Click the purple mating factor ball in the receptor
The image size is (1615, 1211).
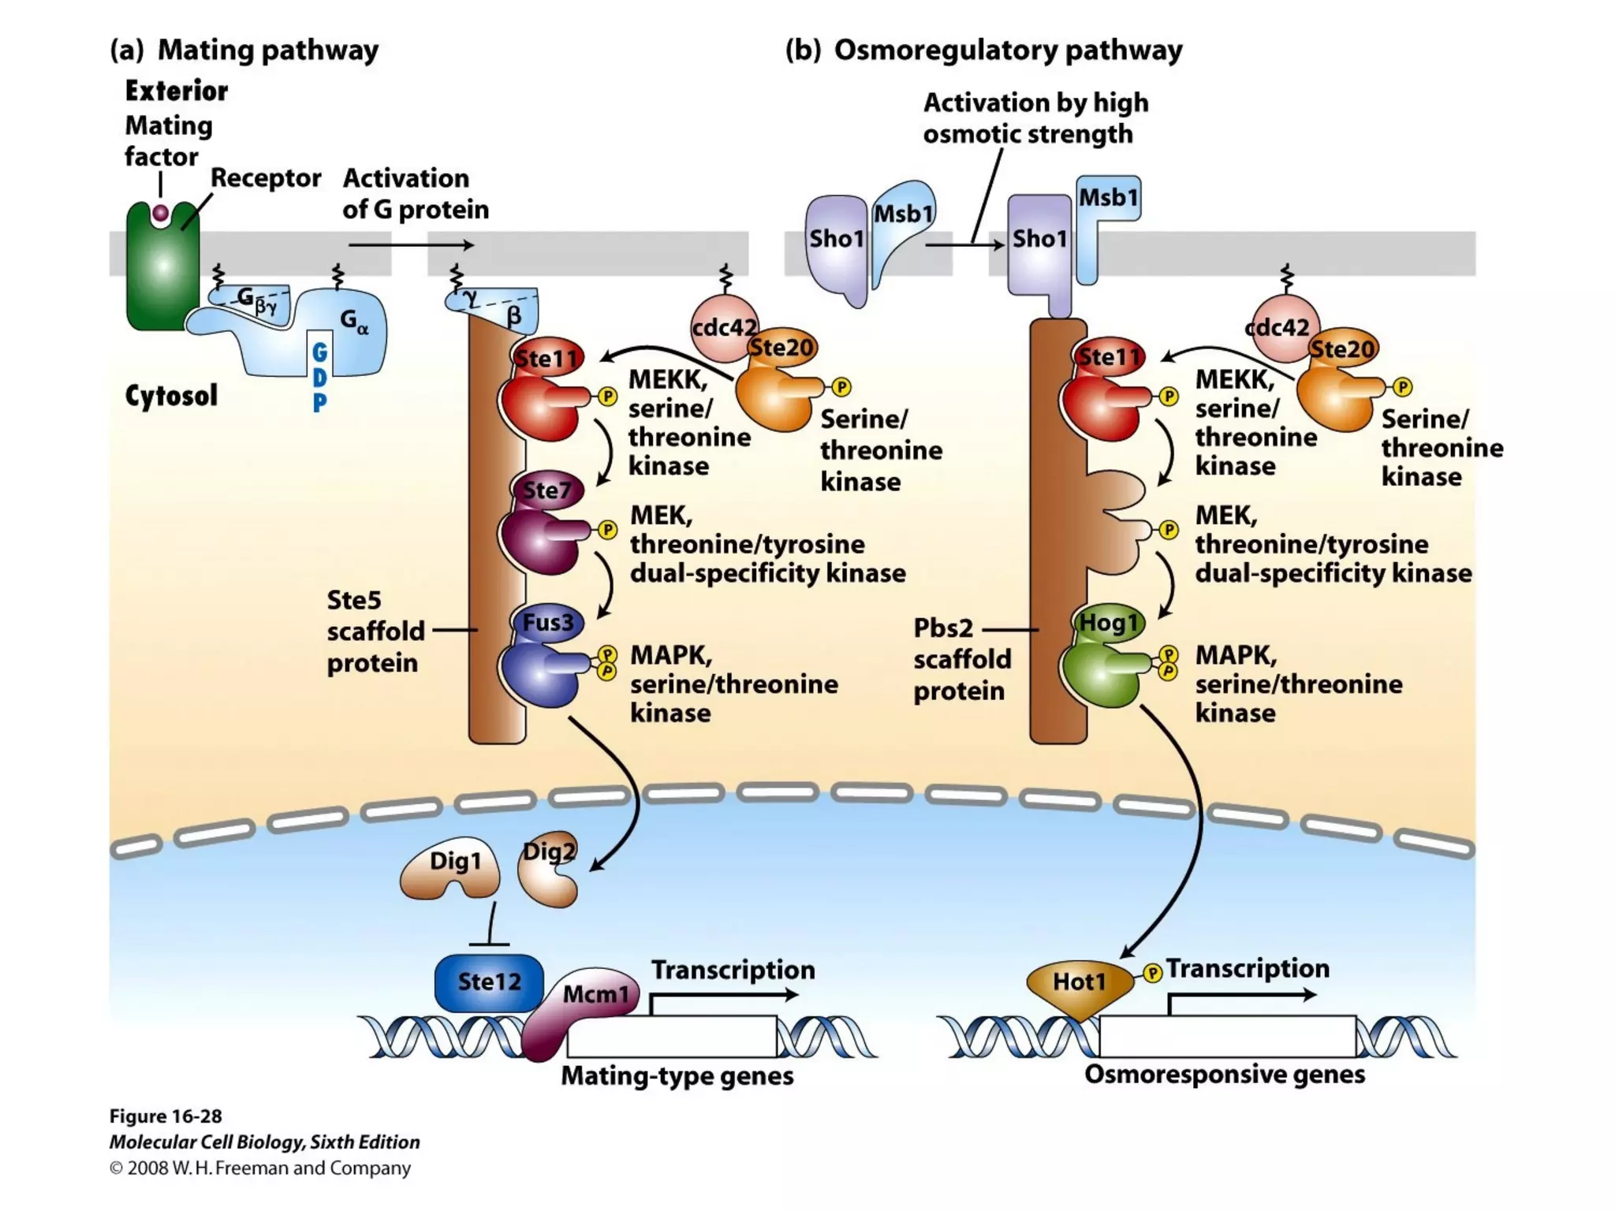(x=161, y=213)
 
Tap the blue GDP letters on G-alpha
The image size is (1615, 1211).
(x=319, y=378)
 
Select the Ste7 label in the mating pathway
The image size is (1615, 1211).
(x=546, y=490)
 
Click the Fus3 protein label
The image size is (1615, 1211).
(x=547, y=623)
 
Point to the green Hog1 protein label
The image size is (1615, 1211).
(x=1109, y=623)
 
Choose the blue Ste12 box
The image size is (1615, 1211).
(x=489, y=982)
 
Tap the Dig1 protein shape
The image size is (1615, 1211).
(x=453, y=868)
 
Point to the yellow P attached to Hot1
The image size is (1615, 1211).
(x=1153, y=974)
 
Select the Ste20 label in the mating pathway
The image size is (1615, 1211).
(x=781, y=348)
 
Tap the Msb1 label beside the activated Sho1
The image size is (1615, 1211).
(x=1108, y=197)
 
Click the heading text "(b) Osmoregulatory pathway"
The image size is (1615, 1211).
(x=983, y=50)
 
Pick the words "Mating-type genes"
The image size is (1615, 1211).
(x=677, y=1076)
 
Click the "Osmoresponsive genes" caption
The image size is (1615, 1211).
(x=1224, y=1075)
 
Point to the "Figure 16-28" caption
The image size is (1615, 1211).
(x=165, y=1116)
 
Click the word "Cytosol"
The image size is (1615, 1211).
(x=171, y=396)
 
